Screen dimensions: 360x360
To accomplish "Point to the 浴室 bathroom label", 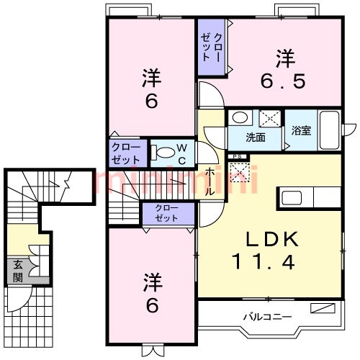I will pos(300,132).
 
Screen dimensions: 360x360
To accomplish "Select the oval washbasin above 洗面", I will pos(240,117).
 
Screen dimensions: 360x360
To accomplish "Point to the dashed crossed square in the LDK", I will pos(238,173).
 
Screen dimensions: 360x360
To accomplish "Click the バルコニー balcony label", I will pos(266,316).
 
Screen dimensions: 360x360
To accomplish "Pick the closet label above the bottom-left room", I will pos(167,212).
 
